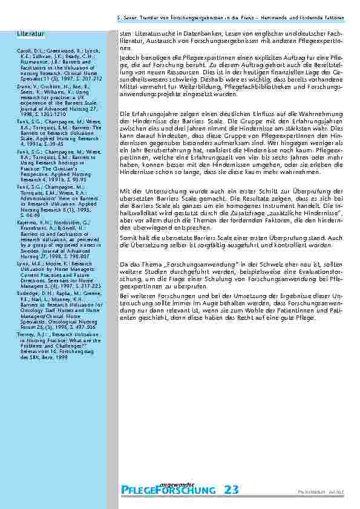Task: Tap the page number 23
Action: pyautogui.click(x=231, y=490)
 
